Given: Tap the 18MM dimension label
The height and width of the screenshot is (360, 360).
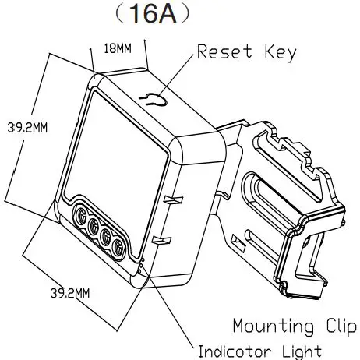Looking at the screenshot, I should tap(118, 49).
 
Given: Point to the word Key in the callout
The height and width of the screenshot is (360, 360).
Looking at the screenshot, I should tap(280, 53).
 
